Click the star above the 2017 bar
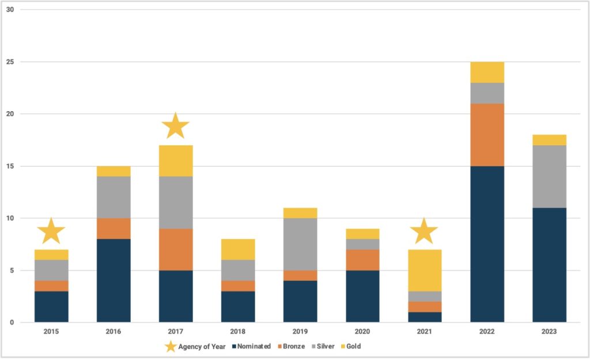(x=176, y=126)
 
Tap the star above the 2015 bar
(x=51, y=231)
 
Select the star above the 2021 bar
(x=424, y=231)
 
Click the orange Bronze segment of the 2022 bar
(x=487, y=135)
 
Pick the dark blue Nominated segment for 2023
(x=549, y=265)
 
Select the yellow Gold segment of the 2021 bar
(x=424, y=270)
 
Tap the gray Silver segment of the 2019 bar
(x=300, y=244)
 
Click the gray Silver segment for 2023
(x=549, y=176)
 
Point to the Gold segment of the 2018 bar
(x=238, y=249)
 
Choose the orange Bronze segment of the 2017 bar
(x=176, y=249)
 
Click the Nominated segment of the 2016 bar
(x=114, y=281)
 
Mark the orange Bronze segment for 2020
(x=362, y=260)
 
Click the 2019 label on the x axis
(x=300, y=332)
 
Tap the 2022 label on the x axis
(x=487, y=332)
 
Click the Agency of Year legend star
(x=171, y=346)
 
